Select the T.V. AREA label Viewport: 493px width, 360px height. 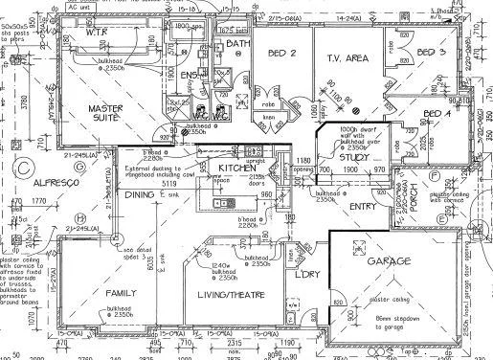[349, 58]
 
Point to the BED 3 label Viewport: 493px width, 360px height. [433, 52]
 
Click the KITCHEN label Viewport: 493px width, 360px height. [236, 169]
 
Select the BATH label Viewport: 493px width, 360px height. [238, 43]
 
